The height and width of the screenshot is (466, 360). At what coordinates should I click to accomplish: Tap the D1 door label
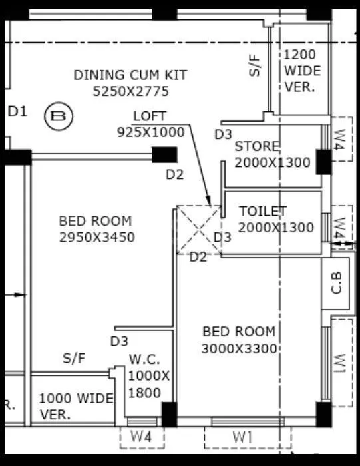[17, 112]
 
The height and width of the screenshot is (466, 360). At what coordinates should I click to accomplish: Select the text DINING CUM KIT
[130, 75]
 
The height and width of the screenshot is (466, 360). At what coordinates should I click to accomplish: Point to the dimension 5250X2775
[131, 91]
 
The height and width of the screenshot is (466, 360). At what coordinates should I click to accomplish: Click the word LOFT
[150, 116]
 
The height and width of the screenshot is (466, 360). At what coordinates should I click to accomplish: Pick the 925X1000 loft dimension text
[150, 132]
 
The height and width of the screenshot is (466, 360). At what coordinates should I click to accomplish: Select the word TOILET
[263, 211]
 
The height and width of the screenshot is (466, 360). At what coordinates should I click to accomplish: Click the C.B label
[337, 284]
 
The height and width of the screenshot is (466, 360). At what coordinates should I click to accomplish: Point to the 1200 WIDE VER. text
[302, 71]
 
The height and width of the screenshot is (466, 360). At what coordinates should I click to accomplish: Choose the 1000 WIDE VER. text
[75, 405]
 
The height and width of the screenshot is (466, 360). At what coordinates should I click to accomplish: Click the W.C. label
[144, 359]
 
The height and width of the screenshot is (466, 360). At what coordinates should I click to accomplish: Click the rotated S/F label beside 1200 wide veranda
[256, 65]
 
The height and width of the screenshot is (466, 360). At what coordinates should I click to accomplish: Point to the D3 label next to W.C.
[119, 341]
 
